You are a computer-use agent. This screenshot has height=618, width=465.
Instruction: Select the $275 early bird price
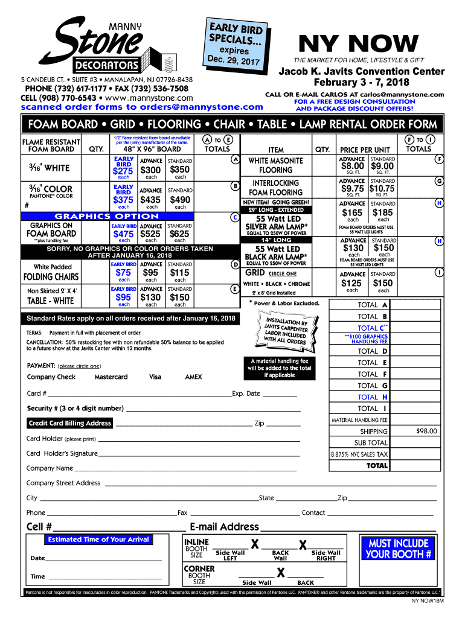click(x=123, y=171)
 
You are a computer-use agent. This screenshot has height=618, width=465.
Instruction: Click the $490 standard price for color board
click(x=180, y=200)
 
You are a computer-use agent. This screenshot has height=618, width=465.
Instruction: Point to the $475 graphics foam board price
click(x=123, y=234)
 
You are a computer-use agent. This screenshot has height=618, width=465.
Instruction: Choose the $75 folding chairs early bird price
click(x=123, y=272)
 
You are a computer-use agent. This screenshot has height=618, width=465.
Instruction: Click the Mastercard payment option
click(x=111, y=377)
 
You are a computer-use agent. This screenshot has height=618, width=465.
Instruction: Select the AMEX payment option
click(x=193, y=377)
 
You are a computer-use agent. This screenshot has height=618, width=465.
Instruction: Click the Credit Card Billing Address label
click(x=70, y=423)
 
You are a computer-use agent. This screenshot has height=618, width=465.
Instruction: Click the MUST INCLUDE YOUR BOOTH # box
click(x=398, y=549)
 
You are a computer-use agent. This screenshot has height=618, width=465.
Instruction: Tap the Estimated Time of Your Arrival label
click(x=98, y=539)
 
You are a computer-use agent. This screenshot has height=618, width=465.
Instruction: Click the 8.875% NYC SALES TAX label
click(x=359, y=454)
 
